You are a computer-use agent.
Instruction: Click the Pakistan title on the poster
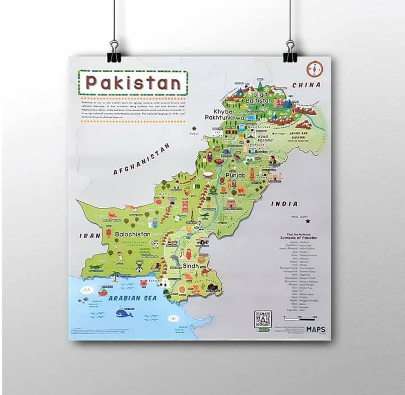pos(133,82)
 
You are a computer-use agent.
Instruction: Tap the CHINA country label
pos(306,85)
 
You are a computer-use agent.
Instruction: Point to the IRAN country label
pos(90,236)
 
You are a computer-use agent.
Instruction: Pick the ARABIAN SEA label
pos(132,298)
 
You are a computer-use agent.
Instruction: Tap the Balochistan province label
pos(133,234)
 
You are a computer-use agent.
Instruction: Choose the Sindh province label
pos(191,266)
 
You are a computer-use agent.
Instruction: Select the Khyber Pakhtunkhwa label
pos(224,115)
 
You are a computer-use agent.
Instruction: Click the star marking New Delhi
pos(308,221)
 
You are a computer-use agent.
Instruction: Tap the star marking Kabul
pos(195,128)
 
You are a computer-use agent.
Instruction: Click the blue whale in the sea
pos(124,313)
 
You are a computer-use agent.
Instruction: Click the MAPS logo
pos(316,329)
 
